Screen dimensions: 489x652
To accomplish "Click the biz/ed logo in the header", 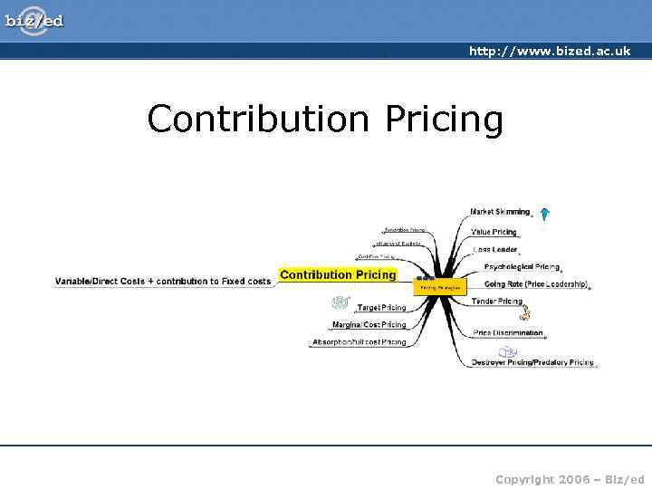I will (34, 20).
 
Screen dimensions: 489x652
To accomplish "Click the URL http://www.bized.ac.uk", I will (549, 52).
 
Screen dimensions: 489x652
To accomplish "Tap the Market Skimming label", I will (500, 212).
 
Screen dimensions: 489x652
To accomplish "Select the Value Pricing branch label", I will (494, 232).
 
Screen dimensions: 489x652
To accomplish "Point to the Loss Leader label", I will (494, 250).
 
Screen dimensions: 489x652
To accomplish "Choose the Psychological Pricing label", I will (521, 267).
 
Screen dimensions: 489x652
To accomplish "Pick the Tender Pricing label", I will (497, 302).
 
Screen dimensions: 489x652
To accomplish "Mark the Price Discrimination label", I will (508, 332).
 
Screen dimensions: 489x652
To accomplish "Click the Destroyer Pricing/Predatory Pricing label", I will (532, 362).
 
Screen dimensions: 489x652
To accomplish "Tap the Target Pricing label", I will (381, 308).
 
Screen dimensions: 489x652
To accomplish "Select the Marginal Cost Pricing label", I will (369, 324).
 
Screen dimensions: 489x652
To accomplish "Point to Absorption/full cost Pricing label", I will (359, 342).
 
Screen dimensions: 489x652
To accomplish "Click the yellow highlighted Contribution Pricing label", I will (338, 274).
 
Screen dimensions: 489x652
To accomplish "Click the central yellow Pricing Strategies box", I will (440, 287).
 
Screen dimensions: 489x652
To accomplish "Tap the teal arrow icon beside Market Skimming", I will (544, 215).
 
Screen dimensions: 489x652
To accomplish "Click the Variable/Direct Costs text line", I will (163, 282).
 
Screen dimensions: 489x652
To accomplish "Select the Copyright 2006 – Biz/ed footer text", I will (570, 477).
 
